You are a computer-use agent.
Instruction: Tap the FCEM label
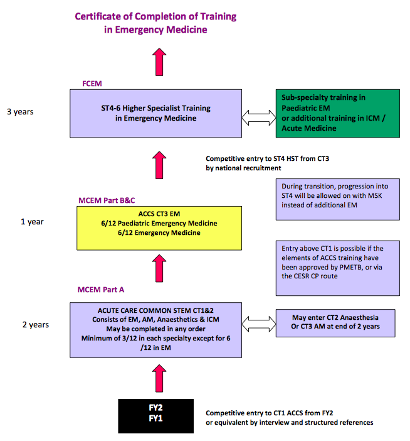coord(92,83)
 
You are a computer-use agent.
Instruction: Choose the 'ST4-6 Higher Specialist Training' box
coord(156,113)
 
